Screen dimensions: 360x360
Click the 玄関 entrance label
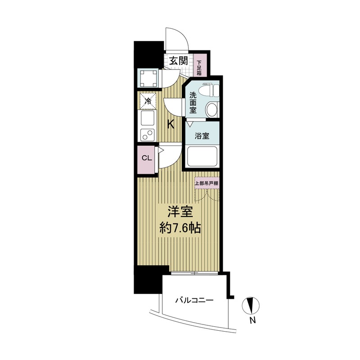pyautogui.click(x=178, y=61)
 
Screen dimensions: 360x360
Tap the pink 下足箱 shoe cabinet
pyautogui.click(x=199, y=65)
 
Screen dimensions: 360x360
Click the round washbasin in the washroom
pyautogui.click(x=211, y=109)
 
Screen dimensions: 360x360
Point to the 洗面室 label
pyautogui.click(x=193, y=103)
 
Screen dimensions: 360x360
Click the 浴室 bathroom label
pyautogui.click(x=202, y=136)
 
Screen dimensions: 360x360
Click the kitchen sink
pyautogui.click(x=148, y=118)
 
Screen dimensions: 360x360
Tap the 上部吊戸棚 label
pyautogui.click(x=207, y=183)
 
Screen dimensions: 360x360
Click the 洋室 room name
pyautogui.click(x=180, y=212)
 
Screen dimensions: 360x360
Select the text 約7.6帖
pyautogui.click(x=180, y=229)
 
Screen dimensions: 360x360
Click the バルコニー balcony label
pyautogui.click(x=194, y=300)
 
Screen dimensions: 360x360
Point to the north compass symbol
pyautogui.click(x=251, y=306)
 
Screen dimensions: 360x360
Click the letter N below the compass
pyautogui.click(x=252, y=320)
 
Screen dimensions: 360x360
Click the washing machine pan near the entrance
pyautogui.click(x=149, y=78)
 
